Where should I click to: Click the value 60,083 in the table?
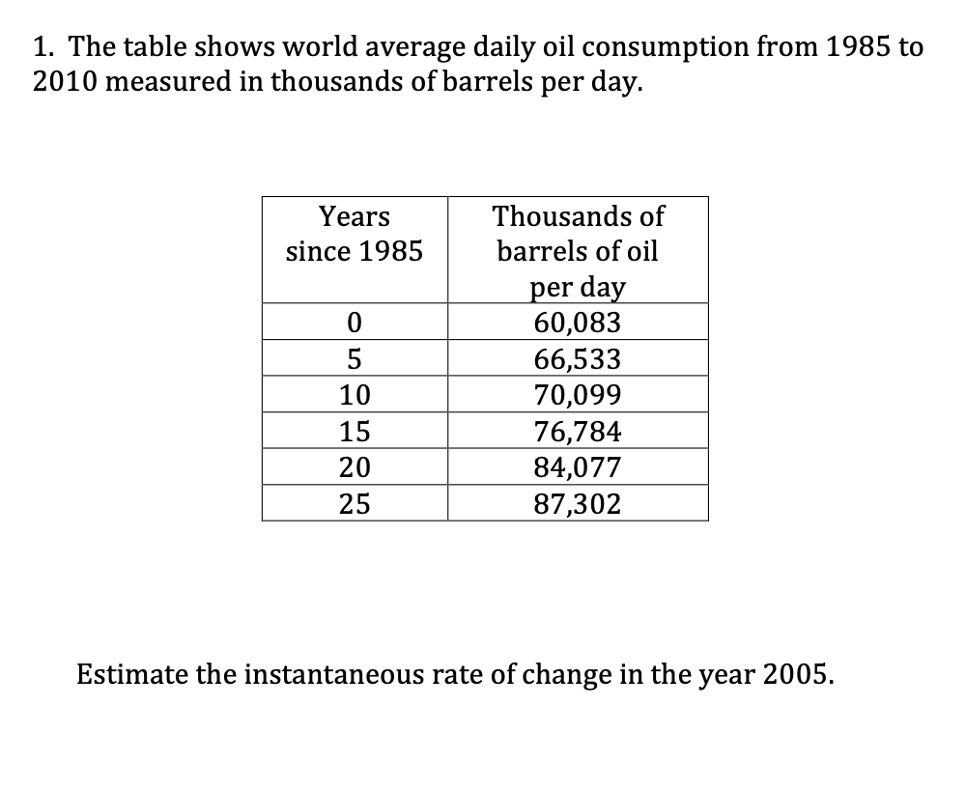578,323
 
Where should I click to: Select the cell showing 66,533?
578,359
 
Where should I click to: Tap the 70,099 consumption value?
578,395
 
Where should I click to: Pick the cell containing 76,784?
578,431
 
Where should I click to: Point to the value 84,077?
578,467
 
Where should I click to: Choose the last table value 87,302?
578,503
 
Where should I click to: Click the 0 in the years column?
355,323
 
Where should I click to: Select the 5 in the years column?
355,359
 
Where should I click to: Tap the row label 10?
355,395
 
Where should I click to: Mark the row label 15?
355,431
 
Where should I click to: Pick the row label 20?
355,467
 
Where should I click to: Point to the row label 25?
355,503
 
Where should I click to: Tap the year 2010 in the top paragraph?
66,83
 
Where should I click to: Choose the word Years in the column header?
355,215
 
